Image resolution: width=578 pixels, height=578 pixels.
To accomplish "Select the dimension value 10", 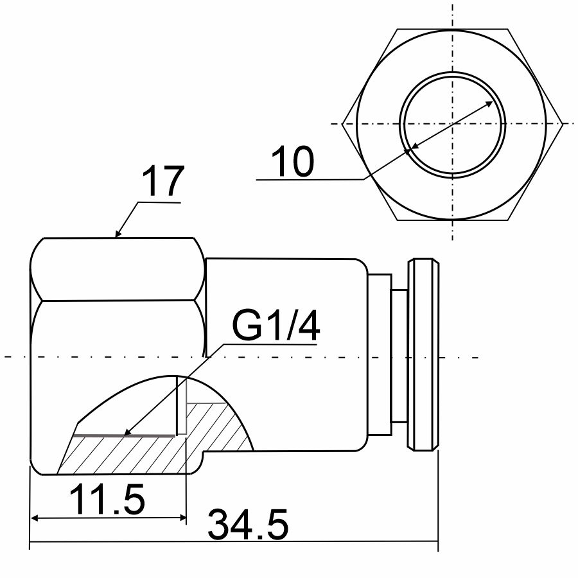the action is (292, 161).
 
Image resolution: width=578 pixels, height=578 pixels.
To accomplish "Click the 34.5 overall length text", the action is (248, 524).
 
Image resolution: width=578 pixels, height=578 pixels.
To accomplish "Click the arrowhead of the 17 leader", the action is (118, 233).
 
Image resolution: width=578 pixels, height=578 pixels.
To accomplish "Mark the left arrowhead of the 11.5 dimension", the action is (34, 518).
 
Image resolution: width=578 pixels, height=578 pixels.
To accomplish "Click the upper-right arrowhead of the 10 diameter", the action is (489, 103).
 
